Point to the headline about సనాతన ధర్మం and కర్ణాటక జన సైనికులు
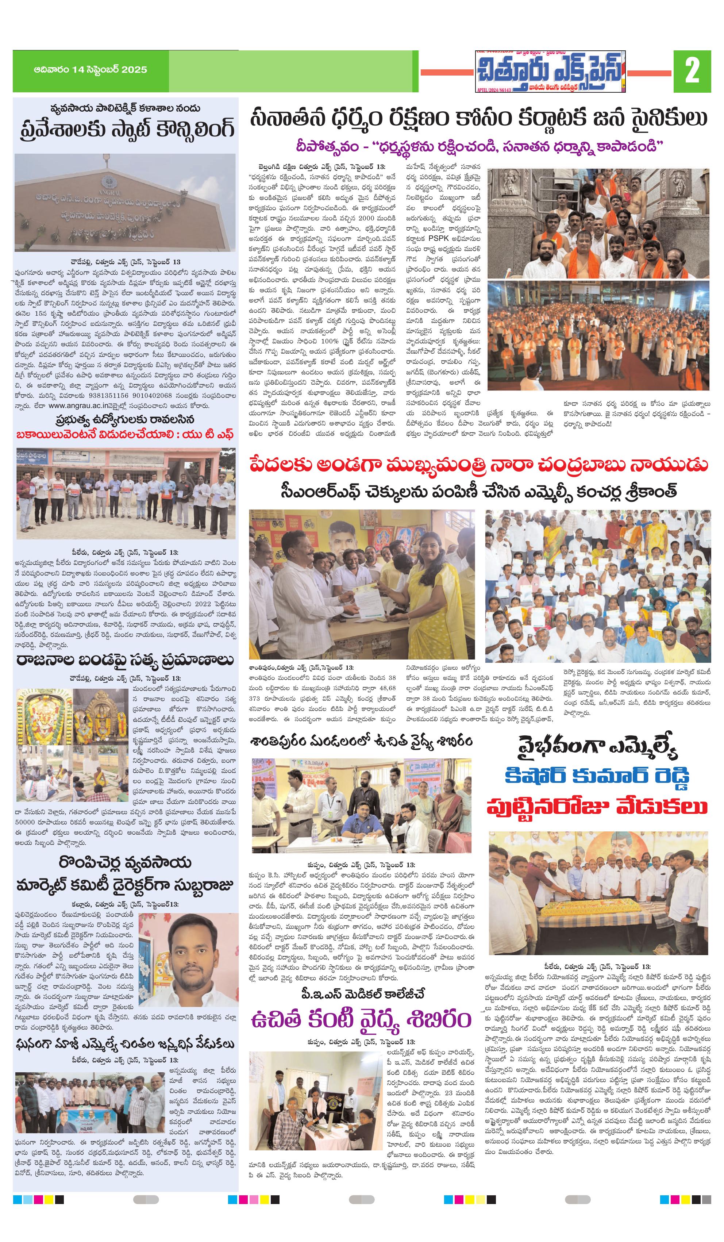tap(478, 119)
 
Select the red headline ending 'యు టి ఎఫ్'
tap(125, 434)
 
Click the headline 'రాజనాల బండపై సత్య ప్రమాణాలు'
tap(125, 660)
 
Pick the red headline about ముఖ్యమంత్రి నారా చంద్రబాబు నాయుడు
tap(478, 464)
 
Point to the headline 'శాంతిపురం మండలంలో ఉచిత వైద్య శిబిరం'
tap(361, 741)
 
